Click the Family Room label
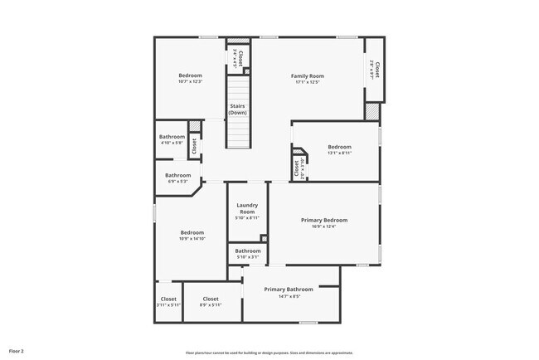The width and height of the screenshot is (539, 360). (x=306, y=75)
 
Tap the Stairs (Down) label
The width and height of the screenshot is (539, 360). (x=238, y=109)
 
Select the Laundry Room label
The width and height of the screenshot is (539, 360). (x=247, y=208)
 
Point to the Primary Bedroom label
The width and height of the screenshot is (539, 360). (x=323, y=220)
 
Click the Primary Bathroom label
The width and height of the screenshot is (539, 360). (x=289, y=289)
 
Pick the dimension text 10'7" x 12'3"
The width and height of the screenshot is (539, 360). (x=190, y=81)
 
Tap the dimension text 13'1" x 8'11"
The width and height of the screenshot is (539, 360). (x=339, y=153)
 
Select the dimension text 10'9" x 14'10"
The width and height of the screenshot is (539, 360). (x=192, y=239)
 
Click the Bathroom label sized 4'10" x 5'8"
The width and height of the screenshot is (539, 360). (x=172, y=136)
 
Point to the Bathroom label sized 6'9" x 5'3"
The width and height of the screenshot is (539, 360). (x=177, y=175)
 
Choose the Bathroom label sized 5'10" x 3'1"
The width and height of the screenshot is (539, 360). (x=247, y=251)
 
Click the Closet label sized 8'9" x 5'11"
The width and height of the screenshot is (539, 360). (x=211, y=299)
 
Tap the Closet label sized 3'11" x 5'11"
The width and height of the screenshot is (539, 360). (x=168, y=299)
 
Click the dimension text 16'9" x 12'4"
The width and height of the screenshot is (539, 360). (x=323, y=226)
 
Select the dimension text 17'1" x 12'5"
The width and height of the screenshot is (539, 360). (x=306, y=82)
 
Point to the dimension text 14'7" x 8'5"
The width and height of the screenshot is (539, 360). (x=289, y=296)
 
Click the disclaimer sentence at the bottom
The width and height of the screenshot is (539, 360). (x=269, y=352)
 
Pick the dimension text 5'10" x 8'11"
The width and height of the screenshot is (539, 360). (x=247, y=218)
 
